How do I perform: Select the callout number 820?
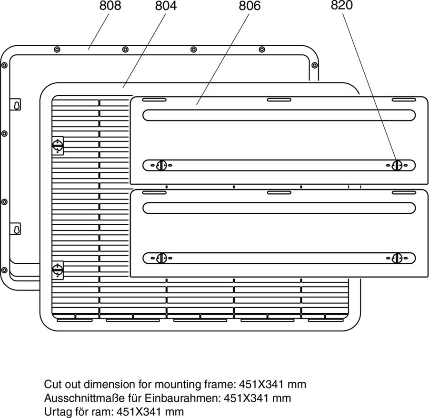pos(342,6)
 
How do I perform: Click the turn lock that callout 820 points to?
pos(397,165)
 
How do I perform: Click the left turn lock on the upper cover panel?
pos(161,165)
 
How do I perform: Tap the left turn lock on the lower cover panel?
pos(161,258)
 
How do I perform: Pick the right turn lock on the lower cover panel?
pos(397,258)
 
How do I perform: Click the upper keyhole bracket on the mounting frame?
pos(16,105)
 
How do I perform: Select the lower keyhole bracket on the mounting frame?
pos(16,229)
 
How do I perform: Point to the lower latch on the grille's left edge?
pos(58,269)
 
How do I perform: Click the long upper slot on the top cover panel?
pos(279,115)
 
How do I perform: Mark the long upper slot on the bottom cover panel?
pos(279,208)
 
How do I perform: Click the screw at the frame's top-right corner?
pos(315,65)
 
